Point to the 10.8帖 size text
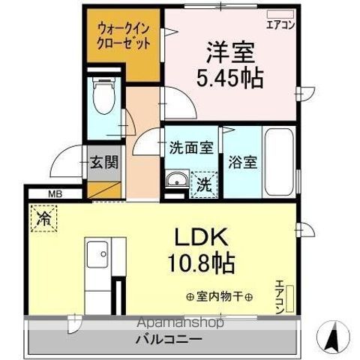[x=201, y=263]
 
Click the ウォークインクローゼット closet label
[x=124, y=36]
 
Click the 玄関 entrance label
[x=103, y=163]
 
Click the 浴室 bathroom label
[x=241, y=162]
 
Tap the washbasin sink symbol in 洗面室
[x=175, y=181]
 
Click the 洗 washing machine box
[x=202, y=182]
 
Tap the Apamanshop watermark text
[x=178, y=324]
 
